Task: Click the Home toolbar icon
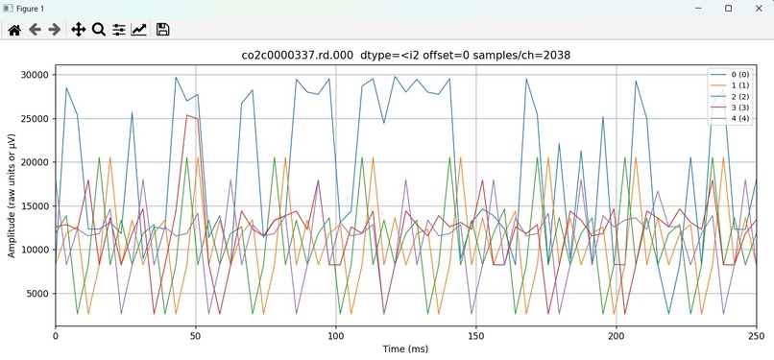(x=14, y=30)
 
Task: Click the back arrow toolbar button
(x=36, y=30)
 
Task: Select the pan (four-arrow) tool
(x=79, y=30)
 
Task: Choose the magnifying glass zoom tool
(x=98, y=30)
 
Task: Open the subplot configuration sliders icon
(x=118, y=30)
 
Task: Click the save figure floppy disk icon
(x=162, y=30)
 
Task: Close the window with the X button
(x=755, y=9)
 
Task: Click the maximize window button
(x=728, y=9)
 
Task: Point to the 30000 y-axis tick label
(x=32, y=75)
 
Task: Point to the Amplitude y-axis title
(x=12, y=196)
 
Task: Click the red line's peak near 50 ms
(x=190, y=116)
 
